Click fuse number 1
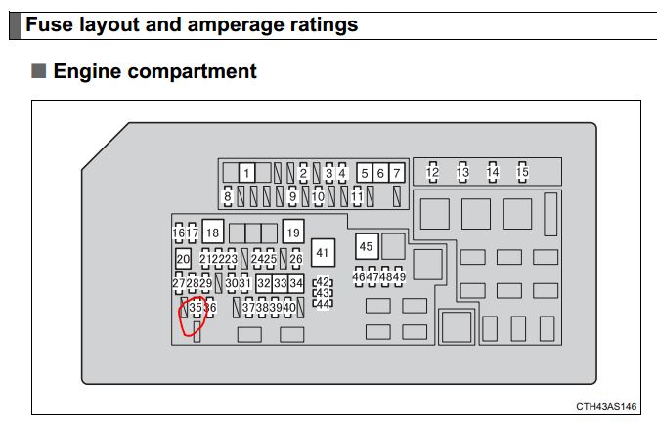(246, 173)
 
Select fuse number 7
(396, 173)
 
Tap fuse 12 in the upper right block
(432, 172)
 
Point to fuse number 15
(522, 172)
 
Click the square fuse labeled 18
(213, 232)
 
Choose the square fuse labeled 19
(293, 232)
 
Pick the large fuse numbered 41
(323, 253)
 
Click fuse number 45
(367, 246)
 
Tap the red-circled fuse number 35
(196, 308)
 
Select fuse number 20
(183, 259)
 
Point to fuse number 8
(228, 196)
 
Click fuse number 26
(296, 259)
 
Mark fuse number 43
(323, 293)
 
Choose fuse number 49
(399, 276)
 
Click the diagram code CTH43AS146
(606, 406)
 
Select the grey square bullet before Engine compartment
(38, 70)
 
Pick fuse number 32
(264, 283)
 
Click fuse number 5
(365, 173)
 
